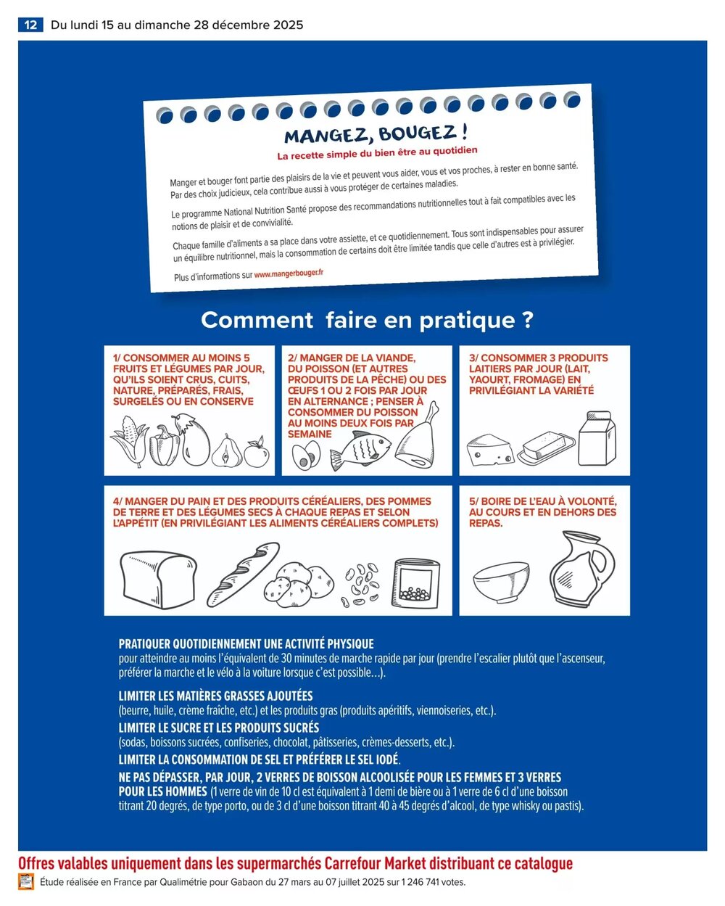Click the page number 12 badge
[30, 25]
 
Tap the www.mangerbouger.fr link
[289, 273]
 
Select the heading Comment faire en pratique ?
[367, 320]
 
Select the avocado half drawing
[305, 456]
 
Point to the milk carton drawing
[597, 439]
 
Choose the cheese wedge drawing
[490, 450]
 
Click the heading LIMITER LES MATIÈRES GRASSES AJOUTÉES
[215, 696]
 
